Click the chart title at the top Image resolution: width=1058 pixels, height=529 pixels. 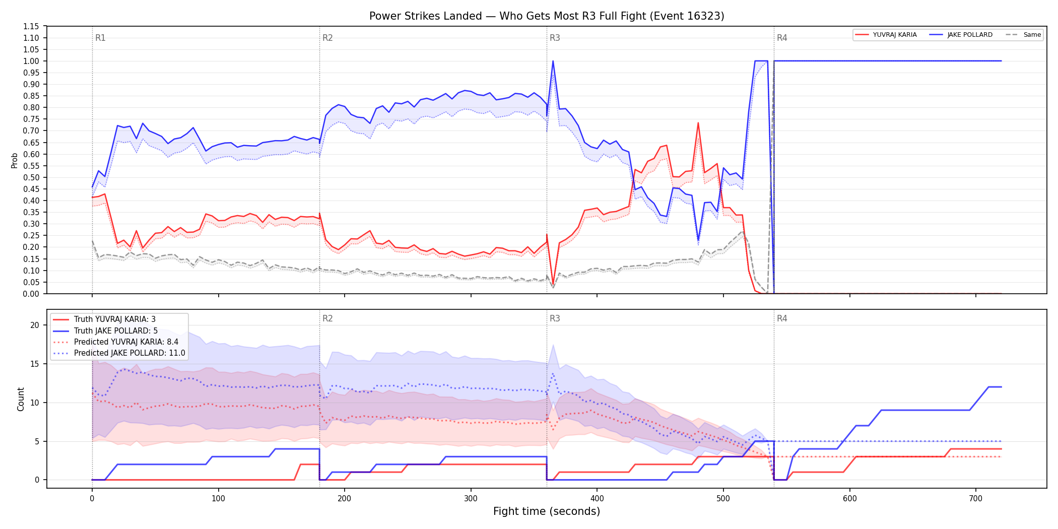point(547,16)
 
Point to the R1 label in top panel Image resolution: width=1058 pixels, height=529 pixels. point(100,38)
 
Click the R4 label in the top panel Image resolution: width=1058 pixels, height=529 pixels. point(782,38)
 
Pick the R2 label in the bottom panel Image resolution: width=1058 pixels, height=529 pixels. point(327,318)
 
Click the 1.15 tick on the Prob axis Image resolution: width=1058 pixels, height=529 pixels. point(31,26)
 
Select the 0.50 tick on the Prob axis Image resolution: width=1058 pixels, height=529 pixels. point(31,177)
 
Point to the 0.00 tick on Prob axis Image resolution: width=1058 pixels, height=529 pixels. point(31,294)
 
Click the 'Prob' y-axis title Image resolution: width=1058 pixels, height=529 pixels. point(15,160)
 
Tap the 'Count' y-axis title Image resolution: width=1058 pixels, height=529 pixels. point(21,399)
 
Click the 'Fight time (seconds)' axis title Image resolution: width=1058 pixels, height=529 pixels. point(547,511)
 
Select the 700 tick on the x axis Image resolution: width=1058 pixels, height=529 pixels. point(976,498)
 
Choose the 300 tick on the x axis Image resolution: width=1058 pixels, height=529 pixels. point(471,498)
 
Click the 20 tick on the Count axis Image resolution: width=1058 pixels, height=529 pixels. point(34,325)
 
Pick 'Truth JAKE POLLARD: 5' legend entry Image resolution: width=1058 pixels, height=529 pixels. point(116,330)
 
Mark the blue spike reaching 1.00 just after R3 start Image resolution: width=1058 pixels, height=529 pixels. point(553,61)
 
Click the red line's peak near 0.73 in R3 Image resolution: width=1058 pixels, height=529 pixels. point(698,123)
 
